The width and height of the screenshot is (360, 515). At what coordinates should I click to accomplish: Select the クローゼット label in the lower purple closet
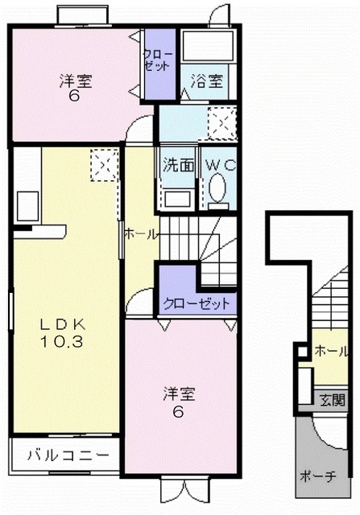197,304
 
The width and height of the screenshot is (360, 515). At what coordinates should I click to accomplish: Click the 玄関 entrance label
332,399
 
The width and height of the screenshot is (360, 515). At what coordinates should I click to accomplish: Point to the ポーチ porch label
318,475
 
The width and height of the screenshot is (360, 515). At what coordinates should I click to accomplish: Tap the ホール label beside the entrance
332,352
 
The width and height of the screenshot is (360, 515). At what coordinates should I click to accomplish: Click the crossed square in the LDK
102,166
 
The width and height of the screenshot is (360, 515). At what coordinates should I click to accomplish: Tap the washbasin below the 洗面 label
177,196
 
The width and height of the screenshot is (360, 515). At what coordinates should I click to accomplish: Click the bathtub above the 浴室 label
207,47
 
